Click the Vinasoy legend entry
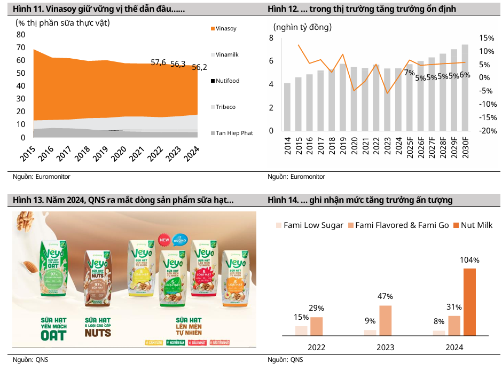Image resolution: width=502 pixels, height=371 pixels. tap(225, 29)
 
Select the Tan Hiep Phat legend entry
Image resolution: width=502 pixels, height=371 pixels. tap(234, 133)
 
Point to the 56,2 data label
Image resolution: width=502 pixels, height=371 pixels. tap(199, 67)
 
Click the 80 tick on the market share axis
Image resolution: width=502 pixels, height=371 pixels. tap(21, 34)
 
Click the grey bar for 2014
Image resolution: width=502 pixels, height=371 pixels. tap(287, 107)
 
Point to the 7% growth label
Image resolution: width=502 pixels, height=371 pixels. tap(410, 73)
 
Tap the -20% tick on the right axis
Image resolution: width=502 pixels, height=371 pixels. tap(487, 131)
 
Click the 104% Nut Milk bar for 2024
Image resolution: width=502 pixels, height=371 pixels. tap(469, 302)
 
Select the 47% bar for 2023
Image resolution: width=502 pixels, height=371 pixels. tap(386, 320)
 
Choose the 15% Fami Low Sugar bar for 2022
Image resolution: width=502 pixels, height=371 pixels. tap(301, 330)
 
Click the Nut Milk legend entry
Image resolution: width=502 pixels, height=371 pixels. tap(473, 225)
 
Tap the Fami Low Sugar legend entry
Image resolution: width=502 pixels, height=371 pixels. tap(309, 225)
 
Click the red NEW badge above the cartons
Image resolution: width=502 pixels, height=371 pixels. tap(164, 240)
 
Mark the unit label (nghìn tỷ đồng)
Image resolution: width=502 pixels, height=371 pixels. tap(302, 27)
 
